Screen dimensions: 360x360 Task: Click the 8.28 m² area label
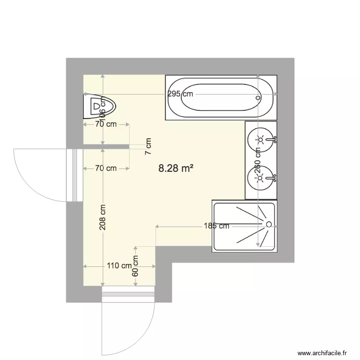pos(176,168)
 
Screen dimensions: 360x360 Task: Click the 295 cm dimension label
pos(180,94)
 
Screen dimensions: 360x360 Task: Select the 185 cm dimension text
pos(216,226)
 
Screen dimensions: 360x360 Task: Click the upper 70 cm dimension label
pos(106,124)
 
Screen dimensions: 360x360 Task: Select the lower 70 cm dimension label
pos(106,168)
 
